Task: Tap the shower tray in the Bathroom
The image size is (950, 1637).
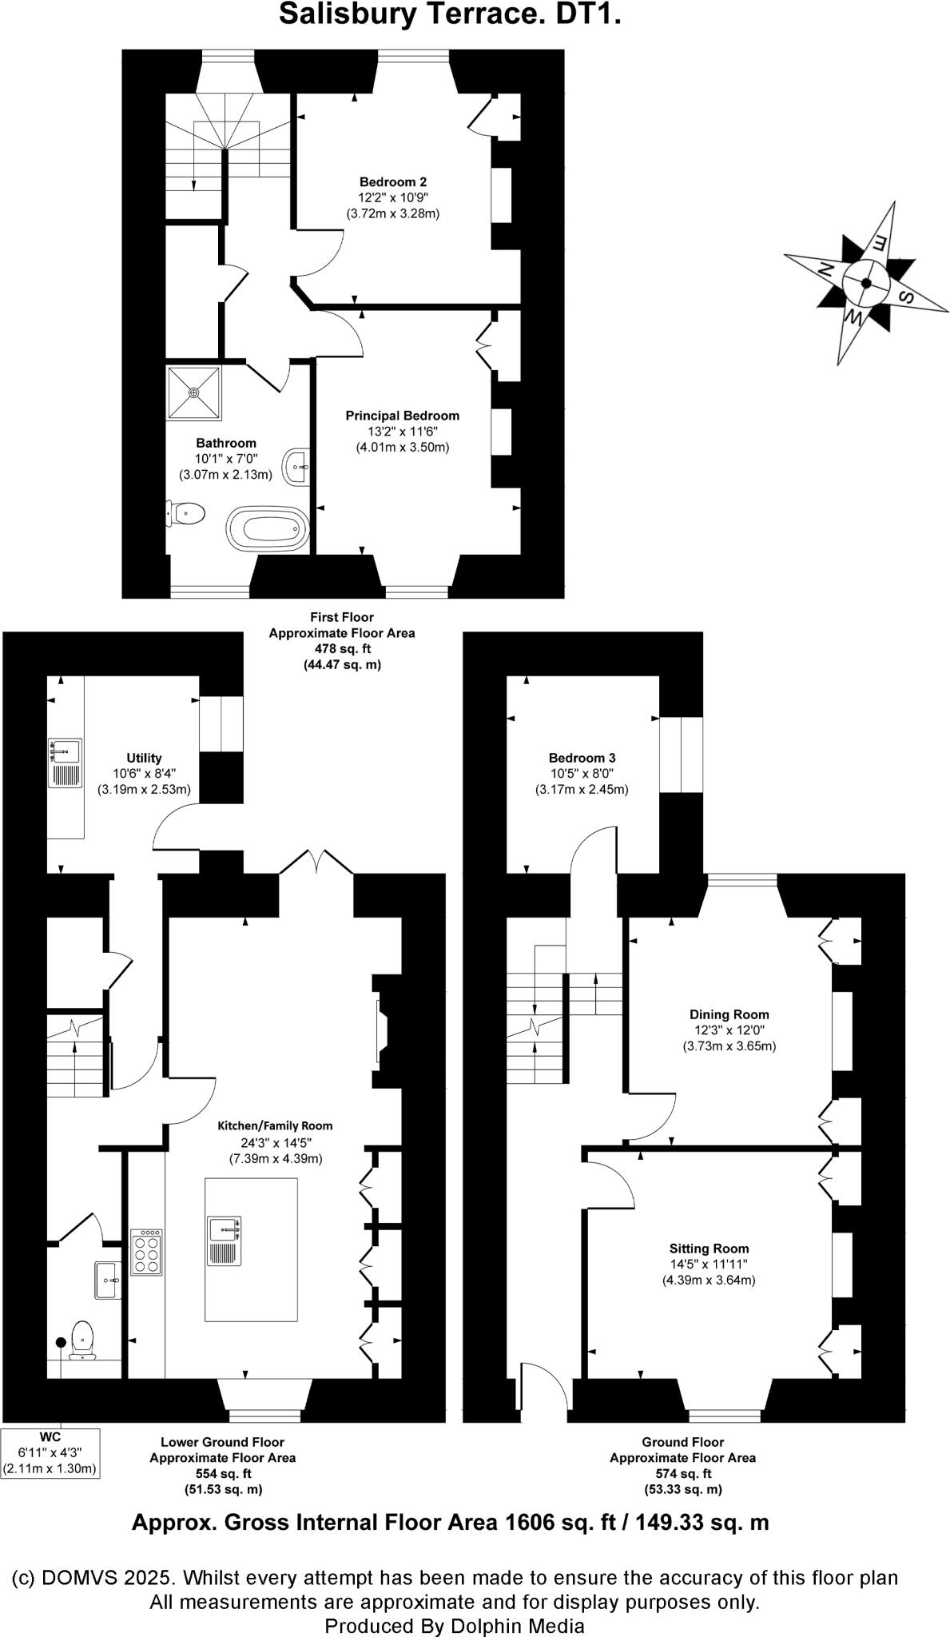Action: click(194, 392)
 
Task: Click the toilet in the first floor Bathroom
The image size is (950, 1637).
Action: click(186, 512)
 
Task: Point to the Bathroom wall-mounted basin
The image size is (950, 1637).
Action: click(298, 465)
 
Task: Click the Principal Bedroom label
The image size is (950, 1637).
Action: click(402, 416)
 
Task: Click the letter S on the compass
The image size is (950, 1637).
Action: click(908, 297)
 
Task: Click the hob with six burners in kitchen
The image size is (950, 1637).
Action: click(147, 1252)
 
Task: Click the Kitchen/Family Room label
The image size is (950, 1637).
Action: click(275, 1125)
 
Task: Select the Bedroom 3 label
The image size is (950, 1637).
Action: click(582, 758)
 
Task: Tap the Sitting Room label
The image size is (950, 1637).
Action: click(709, 1249)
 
